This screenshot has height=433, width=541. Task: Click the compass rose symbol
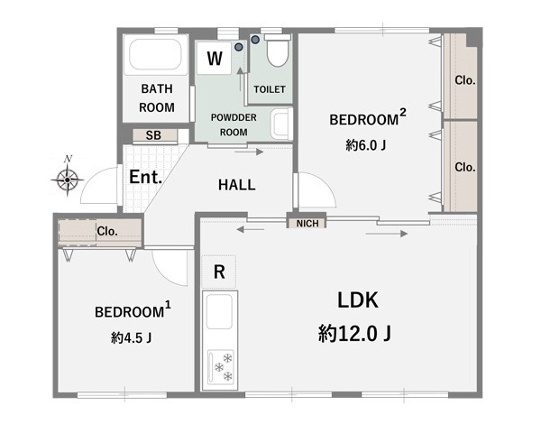[x=68, y=179]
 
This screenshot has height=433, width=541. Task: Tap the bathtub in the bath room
[x=155, y=54]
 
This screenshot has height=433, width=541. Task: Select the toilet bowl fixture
[x=278, y=51]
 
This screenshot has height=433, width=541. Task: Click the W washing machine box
[x=215, y=58]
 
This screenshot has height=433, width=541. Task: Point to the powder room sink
[x=281, y=124]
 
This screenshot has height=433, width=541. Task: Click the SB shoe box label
[x=153, y=135]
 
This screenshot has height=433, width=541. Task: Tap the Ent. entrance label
[x=145, y=177]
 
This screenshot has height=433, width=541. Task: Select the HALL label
[x=236, y=185]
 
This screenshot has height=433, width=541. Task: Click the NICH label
[x=307, y=224]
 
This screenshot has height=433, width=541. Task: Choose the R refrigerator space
[x=219, y=272]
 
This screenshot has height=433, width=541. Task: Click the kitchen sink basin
[x=219, y=312]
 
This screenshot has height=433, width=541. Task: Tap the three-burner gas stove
[x=221, y=367]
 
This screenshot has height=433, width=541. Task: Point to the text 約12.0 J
[x=354, y=334]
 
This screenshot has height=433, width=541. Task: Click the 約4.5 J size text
[x=132, y=337]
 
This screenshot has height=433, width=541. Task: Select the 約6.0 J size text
[x=366, y=145]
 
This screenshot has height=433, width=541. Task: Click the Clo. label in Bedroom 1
[x=107, y=231]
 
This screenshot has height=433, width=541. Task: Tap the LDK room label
[x=358, y=300]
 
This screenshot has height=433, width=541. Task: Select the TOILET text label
[x=270, y=89]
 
